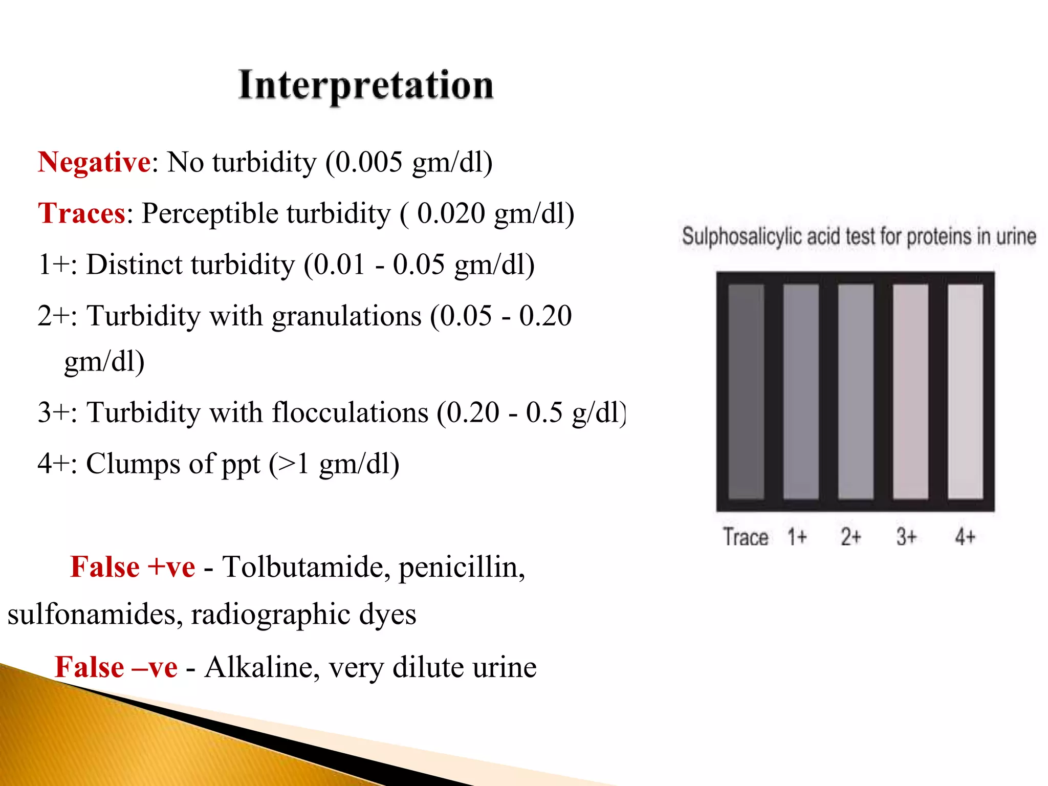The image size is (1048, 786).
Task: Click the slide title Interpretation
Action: point(366,85)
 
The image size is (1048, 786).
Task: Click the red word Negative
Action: point(94,162)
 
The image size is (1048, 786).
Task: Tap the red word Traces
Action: point(81,213)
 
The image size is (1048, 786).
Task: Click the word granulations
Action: point(346,316)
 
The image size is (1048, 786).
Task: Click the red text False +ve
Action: point(133,567)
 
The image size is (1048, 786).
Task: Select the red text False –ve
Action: point(116,667)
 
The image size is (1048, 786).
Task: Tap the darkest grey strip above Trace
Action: point(746,391)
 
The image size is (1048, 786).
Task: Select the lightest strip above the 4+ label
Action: point(965,391)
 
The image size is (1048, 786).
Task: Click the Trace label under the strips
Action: point(745,537)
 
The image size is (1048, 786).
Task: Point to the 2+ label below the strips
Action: point(851,537)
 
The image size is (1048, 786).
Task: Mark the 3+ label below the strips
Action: point(906,537)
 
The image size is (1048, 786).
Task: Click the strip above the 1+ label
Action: point(801,391)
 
